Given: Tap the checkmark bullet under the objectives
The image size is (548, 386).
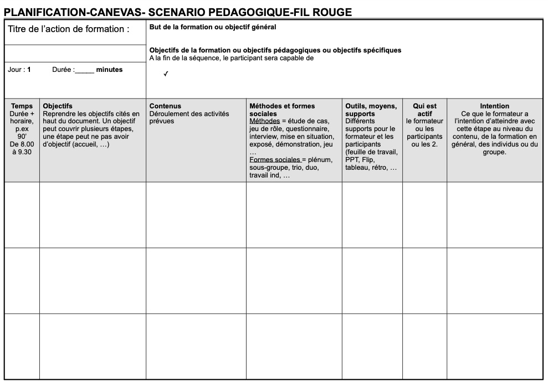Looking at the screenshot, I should pos(166,74).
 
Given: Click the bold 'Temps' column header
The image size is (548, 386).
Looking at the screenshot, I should pos(22,106).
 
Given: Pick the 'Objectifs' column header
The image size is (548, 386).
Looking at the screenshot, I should pos(58,106).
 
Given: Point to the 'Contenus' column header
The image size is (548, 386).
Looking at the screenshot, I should pos(165,106).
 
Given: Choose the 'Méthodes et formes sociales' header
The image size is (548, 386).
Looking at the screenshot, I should pos(282,109).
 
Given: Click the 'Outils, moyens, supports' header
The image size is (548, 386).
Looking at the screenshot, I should pos(371,109).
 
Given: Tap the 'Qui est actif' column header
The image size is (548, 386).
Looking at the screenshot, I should pos(424,109).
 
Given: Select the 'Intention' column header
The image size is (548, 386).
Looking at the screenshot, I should pos(494,106).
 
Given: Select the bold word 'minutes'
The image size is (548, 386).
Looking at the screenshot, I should pos(109,70).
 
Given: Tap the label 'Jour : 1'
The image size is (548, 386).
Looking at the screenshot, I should pos(19,70).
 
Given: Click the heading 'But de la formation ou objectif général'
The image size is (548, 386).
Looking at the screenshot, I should pos(213,27).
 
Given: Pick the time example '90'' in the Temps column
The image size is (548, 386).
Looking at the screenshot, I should pos(22,135).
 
